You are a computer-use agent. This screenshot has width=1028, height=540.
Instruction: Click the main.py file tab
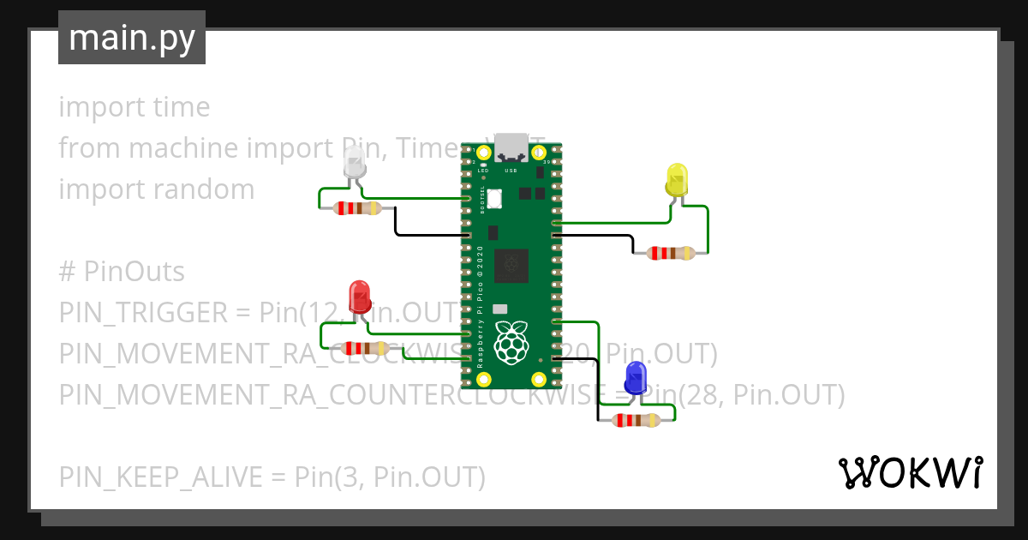pyautogui.click(x=131, y=38)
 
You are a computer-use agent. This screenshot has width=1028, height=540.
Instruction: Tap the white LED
pyautogui.click(x=354, y=162)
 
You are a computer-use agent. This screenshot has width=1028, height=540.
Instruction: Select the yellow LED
pyautogui.click(x=676, y=179)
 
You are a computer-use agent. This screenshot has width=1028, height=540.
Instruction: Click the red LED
pyautogui.click(x=359, y=297)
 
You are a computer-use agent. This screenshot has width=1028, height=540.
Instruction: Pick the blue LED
pyautogui.click(x=636, y=377)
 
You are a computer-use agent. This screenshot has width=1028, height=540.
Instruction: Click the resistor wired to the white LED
pyautogui.click(x=357, y=207)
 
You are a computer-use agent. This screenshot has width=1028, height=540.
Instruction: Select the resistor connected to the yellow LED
pyautogui.click(x=671, y=253)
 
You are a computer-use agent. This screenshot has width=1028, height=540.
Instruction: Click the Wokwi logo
pyautogui.click(x=910, y=473)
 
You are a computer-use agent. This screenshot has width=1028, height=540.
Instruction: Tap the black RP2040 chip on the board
pyautogui.click(x=512, y=265)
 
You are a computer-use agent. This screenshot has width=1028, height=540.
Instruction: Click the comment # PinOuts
pyautogui.click(x=122, y=272)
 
